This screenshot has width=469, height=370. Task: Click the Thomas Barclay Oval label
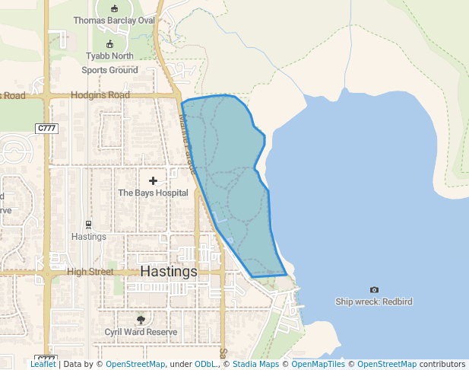tap(113, 21)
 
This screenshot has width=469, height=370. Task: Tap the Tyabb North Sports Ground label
tap(109, 63)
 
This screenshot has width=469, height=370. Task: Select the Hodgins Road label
tap(100, 96)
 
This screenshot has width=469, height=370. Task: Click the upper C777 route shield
tap(46, 129)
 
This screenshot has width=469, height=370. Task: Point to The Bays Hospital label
tap(153, 193)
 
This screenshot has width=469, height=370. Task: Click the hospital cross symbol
tap(154, 181)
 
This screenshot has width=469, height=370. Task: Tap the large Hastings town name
tap(169, 272)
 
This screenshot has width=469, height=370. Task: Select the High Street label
tap(90, 272)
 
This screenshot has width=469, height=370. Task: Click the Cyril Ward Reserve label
tap(141, 332)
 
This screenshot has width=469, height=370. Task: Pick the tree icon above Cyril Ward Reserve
tap(141, 320)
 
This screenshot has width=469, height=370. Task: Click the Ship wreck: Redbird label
tap(374, 301)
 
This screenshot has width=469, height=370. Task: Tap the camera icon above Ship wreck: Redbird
tap(374, 290)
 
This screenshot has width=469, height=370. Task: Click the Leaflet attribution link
tap(43, 364)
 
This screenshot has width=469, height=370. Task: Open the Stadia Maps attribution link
tap(255, 364)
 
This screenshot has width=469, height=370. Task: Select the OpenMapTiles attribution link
tap(318, 364)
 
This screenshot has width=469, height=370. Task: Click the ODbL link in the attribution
tap(204, 364)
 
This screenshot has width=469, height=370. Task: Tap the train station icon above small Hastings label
tap(89, 225)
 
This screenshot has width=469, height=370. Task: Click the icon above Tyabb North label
tap(109, 44)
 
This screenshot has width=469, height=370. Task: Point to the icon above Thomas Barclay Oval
tap(113, 8)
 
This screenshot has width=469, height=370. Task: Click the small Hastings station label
tap(89, 237)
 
